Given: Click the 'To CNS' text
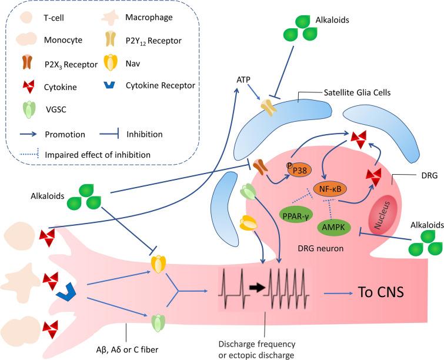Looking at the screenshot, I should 382,291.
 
